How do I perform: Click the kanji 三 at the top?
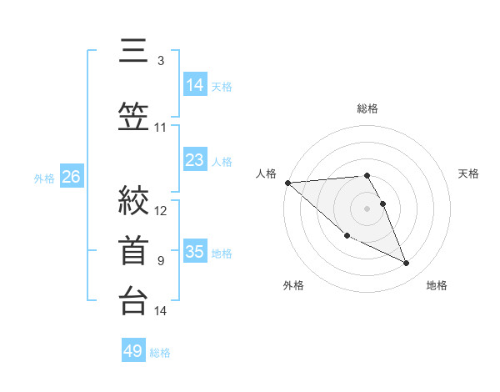[132, 52]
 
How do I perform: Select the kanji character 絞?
[132, 201]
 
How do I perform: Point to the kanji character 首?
[132, 250]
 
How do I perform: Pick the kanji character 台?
[132, 300]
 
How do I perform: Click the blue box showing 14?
[195, 85]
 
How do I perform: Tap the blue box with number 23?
[195, 160]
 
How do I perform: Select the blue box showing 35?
[195, 252]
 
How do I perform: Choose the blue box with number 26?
[71, 177]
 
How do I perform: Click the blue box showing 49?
[133, 351]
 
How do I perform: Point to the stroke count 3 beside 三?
[161, 61]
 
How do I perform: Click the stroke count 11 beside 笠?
[161, 128]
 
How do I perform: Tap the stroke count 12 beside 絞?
[161, 210]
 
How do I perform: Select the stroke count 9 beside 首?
[161, 261]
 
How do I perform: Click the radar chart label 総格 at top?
[367, 108]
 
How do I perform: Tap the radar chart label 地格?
[437, 285]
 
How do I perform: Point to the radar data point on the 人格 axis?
[287, 183]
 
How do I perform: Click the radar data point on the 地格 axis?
[407, 264]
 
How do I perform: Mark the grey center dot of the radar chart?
[367, 208]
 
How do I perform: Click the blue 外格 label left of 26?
[44, 178]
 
